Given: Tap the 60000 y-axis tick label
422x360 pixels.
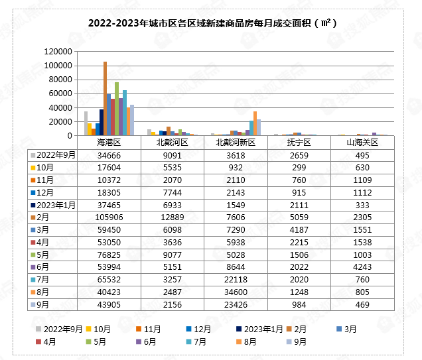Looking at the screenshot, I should click(x=60, y=93).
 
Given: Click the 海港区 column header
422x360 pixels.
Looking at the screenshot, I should click(x=109, y=142).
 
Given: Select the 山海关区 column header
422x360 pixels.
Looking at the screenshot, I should click(x=361, y=142).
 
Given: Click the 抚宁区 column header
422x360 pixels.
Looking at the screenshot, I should click(x=298, y=142).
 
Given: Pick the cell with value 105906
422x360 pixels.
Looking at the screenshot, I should click(x=109, y=217).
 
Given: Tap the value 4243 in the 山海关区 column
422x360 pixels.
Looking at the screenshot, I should click(x=361, y=267).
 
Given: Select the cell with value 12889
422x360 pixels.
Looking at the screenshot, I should click(x=172, y=217).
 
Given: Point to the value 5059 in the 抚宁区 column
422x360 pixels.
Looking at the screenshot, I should click(x=298, y=217).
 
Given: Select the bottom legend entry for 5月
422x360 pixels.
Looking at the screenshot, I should click(x=93, y=342).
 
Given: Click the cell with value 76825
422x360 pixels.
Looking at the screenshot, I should click(x=109, y=255).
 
